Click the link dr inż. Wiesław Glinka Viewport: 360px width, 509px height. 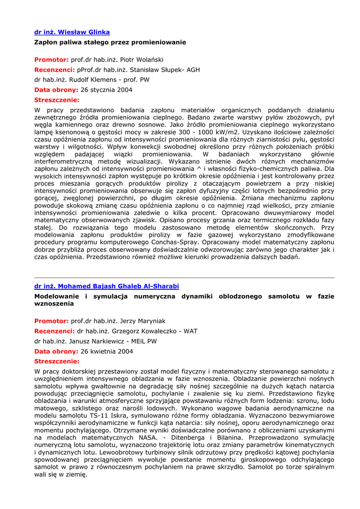click(72, 32)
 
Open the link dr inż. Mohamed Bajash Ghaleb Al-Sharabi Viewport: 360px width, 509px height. click(106, 286)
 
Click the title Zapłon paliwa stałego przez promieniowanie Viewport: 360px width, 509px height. click(110, 42)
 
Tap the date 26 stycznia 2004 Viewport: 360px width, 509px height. click(106, 90)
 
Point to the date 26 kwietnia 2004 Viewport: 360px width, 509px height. click(107, 351)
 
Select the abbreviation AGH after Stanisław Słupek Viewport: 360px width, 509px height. click(193, 70)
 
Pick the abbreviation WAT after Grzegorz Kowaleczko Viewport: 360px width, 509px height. click(190, 331)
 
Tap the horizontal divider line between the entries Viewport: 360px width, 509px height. click(184, 277)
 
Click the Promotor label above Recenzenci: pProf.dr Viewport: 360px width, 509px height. click(51, 60)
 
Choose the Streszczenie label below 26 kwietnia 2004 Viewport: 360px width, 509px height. click(57, 361)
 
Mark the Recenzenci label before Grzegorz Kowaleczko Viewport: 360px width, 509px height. click(54, 331)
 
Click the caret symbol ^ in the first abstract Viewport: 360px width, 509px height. click(184, 169)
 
